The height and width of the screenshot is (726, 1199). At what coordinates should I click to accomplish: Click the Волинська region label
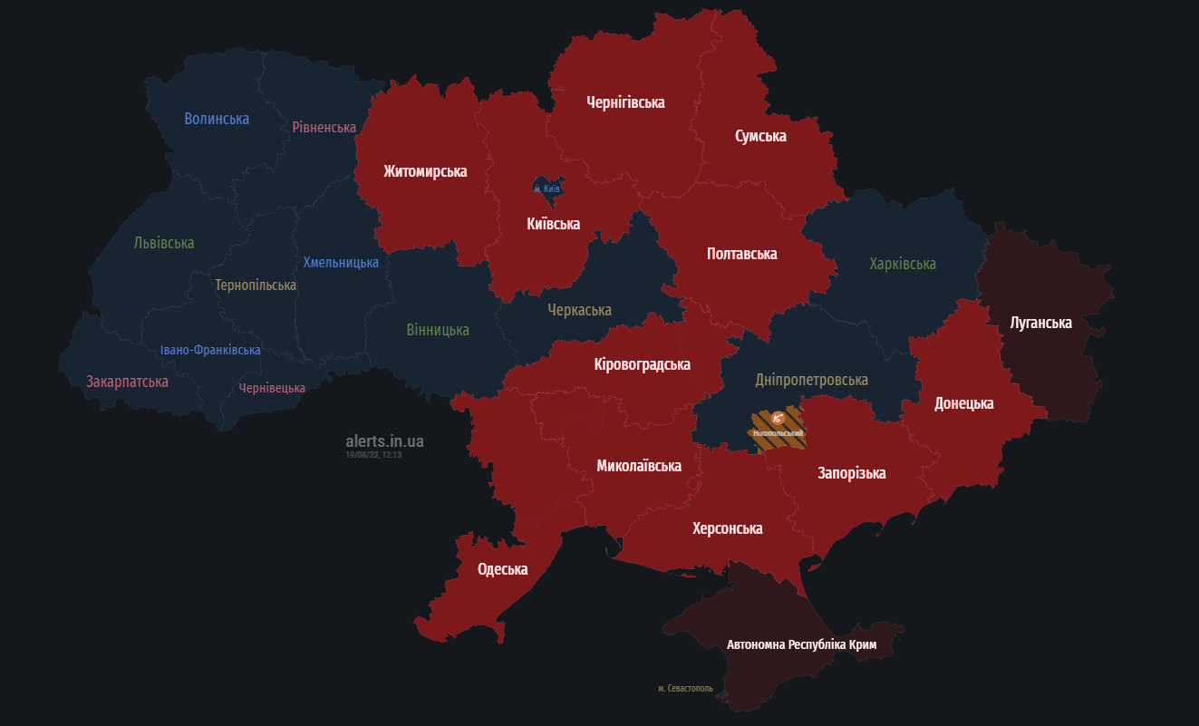click(217, 119)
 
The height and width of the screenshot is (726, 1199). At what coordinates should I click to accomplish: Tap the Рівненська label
click(324, 127)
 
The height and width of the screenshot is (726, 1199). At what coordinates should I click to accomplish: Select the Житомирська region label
click(425, 171)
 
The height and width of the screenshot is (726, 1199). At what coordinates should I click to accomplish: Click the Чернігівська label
click(625, 102)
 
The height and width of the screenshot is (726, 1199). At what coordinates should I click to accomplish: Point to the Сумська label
click(760, 136)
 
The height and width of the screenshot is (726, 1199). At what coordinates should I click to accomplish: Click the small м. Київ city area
click(547, 188)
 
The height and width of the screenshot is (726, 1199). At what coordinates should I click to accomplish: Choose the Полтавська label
click(741, 254)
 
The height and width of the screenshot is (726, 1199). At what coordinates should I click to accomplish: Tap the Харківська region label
click(903, 264)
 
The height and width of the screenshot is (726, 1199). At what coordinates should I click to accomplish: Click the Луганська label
click(1041, 323)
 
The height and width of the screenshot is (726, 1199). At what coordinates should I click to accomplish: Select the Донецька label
click(964, 403)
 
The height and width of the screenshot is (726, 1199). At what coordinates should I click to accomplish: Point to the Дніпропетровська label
click(812, 380)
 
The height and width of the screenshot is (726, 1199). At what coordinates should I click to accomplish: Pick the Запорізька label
click(852, 473)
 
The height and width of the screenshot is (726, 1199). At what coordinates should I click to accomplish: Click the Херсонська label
click(727, 528)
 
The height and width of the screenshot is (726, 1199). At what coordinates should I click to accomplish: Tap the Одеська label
click(502, 569)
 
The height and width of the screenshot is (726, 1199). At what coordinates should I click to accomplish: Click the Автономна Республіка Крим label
click(802, 645)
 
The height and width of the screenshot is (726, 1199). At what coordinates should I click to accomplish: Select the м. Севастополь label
click(685, 689)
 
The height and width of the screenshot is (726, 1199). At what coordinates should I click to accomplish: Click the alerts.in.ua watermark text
click(384, 441)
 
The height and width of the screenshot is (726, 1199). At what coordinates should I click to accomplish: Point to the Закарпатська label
click(127, 382)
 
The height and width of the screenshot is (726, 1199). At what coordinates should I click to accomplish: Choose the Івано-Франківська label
click(210, 350)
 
